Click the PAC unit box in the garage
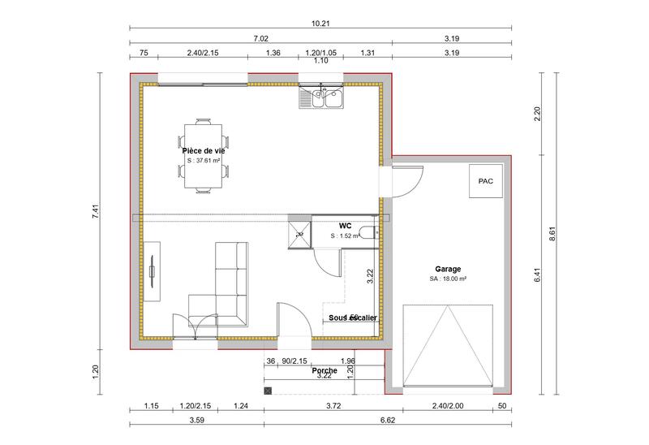point(485,181)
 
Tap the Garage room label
point(448,269)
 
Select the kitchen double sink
point(323,99)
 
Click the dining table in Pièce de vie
point(203,156)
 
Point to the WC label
point(345,226)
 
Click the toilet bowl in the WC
point(369,235)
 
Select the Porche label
point(324,370)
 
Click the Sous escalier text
point(353,318)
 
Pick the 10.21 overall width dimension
point(320,24)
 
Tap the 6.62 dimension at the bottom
point(388,420)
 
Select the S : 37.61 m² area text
point(203,161)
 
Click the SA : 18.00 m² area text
point(448,279)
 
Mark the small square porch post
point(267,391)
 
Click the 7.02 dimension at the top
point(260,38)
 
